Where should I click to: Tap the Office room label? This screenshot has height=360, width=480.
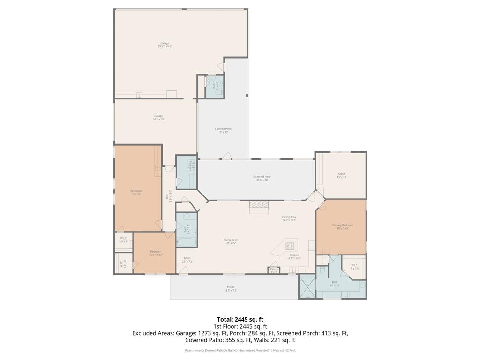(342, 176)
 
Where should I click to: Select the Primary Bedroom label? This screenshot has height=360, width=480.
(342, 226)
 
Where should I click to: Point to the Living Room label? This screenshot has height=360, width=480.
(231, 241)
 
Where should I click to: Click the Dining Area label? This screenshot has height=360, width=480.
(289, 218)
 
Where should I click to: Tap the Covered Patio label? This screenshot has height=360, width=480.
(223, 130)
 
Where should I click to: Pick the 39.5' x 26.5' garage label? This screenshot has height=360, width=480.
(165, 45)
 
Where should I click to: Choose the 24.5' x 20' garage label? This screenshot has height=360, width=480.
(158, 118)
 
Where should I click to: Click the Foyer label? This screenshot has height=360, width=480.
(187, 260)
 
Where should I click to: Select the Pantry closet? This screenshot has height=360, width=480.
(274, 270)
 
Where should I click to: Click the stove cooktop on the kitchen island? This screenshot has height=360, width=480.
(290, 245)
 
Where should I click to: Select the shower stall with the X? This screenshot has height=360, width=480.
(307, 286)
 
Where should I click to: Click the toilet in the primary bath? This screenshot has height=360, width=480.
(322, 271)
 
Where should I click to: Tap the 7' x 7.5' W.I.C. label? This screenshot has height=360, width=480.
(354, 267)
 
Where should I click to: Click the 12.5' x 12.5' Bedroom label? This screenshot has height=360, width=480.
(156, 253)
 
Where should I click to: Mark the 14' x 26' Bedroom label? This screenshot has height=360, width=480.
(136, 192)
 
